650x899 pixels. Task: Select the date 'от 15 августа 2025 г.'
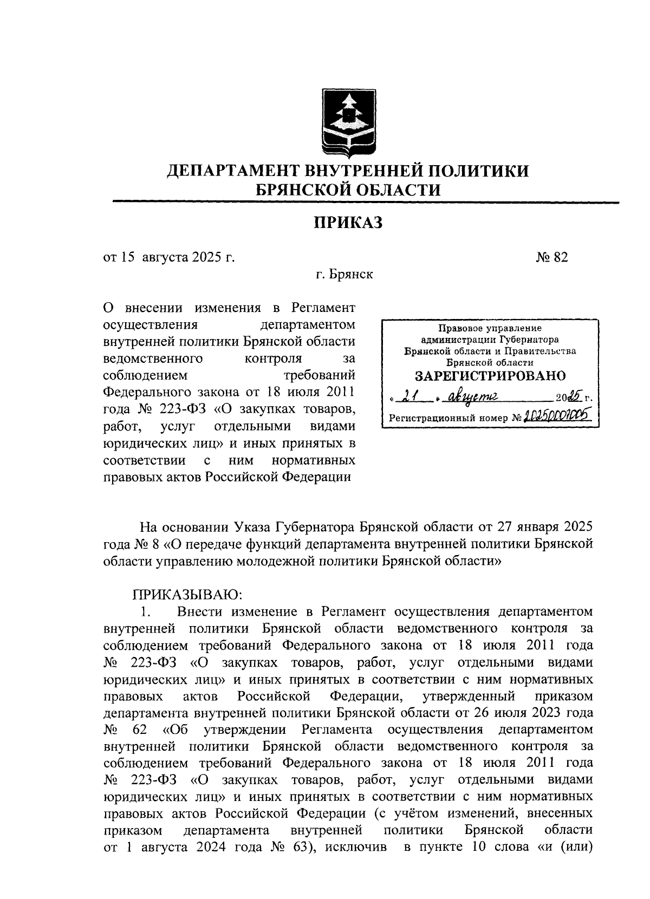click(169, 257)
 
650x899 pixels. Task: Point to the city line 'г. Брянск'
click(345, 275)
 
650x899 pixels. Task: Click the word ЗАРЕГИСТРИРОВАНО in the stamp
click(490, 376)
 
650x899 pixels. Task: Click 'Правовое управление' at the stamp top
click(490, 328)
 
